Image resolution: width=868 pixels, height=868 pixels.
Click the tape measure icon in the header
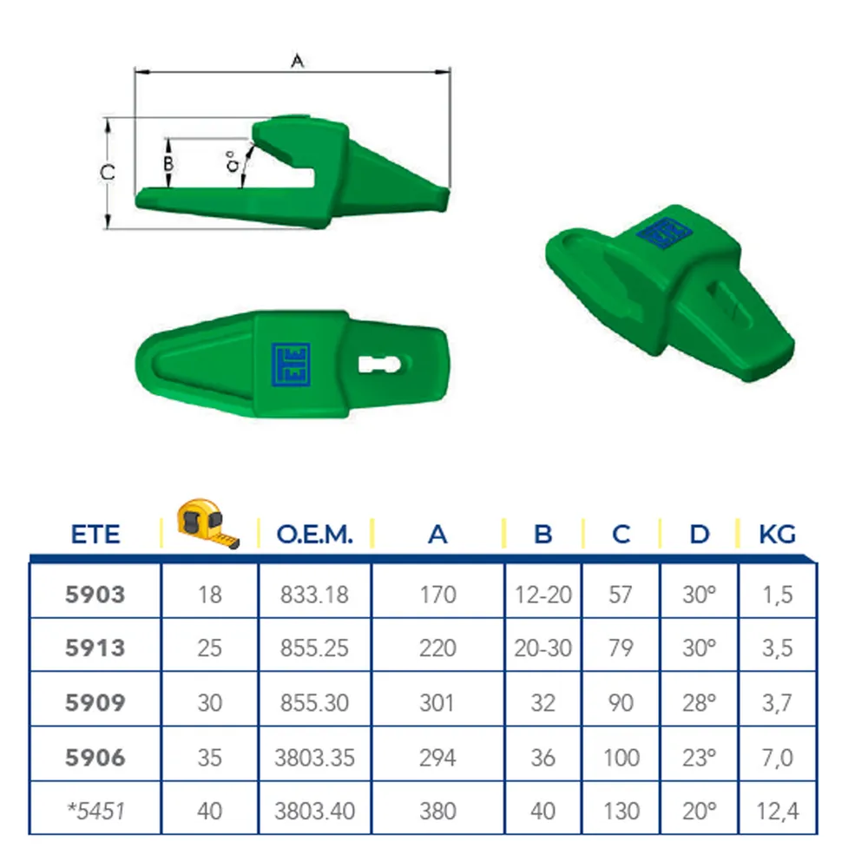(x=208, y=523)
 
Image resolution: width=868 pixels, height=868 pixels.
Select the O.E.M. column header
(x=314, y=535)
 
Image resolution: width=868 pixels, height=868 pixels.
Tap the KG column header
(x=777, y=535)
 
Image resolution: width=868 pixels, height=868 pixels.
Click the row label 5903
(x=95, y=595)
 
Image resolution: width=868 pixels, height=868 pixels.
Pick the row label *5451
(x=95, y=811)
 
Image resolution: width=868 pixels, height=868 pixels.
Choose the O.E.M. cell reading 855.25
(x=314, y=648)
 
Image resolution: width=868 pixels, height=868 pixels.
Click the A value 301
(x=437, y=703)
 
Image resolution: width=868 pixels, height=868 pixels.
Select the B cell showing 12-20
(x=543, y=595)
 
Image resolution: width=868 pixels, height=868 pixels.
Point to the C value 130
(x=621, y=811)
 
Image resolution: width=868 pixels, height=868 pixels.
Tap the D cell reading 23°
(x=699, y=757)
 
